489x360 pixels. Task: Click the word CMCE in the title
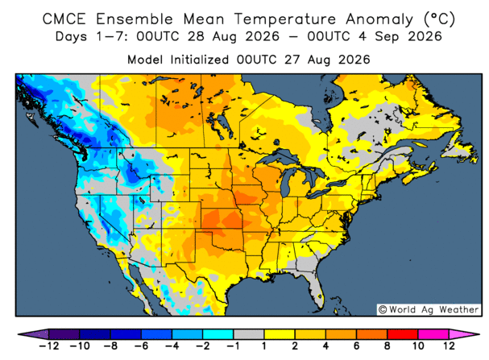click(x=64, y=19)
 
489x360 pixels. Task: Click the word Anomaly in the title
click(x=379, y=19)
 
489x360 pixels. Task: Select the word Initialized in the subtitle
click(x=200, y=60)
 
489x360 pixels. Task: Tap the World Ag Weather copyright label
click(x=429, y=309)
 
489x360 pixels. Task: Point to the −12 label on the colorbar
click(x=49, y=346)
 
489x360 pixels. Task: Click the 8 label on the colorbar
click(x=387, y=346)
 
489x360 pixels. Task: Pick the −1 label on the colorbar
click(x=234, y=346)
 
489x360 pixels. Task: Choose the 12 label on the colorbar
click(x=449, y=346)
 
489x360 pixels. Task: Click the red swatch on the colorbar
click(x=402, y=334)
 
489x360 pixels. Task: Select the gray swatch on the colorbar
click(x=249, y=334)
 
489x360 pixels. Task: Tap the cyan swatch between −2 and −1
click(x=218, y=334)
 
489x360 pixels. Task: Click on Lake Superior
click(x=279, y=157)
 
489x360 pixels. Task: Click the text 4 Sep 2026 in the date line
click(x=400, y=37)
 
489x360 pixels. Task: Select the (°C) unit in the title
click(x=439, y=19)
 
